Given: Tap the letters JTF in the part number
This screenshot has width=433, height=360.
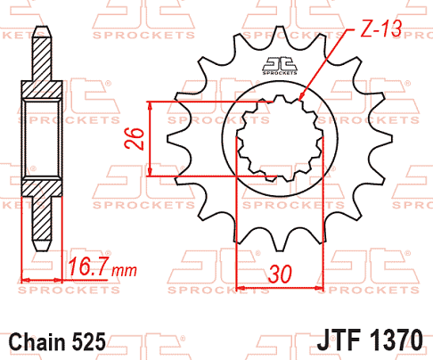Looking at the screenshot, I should [x=339, y=340].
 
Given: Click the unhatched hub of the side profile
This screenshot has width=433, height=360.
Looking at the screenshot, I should [x=39, y=137].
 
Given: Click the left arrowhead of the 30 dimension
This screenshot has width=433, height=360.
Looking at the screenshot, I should [x=240, y=288].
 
